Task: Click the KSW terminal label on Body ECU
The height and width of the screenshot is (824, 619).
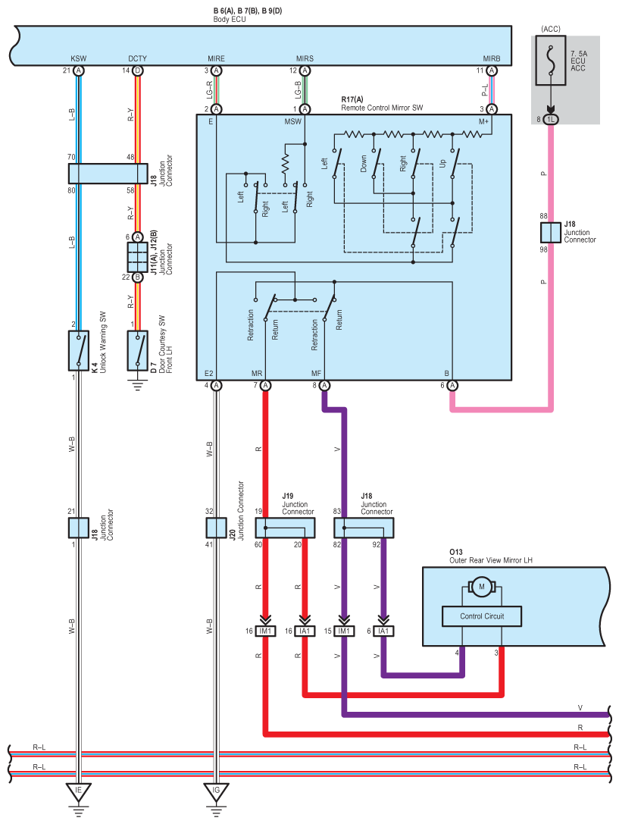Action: (x=78, y=58)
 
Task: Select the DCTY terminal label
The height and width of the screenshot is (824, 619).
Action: (x=137, y=58)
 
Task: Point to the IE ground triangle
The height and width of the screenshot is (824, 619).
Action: (x=78, y=793)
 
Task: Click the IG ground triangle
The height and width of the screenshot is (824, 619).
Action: (x=216, y=793)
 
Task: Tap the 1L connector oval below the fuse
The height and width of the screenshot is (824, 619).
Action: (x=551, y=119)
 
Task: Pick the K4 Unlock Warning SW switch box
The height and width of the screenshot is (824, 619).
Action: (x=78, y=350)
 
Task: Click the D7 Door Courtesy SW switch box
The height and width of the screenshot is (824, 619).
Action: (x=137, y=350)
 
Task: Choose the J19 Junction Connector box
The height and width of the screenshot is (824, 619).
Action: (x=284, y=528)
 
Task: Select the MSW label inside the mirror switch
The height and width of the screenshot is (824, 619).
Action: (x=292, y=121)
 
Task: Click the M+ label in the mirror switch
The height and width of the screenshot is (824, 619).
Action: (x=484, y=121)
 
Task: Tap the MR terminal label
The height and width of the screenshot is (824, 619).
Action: (x=257, y=374)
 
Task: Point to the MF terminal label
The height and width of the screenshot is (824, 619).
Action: (x=317, y=374)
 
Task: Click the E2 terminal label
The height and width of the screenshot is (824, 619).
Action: (x=209, y=374)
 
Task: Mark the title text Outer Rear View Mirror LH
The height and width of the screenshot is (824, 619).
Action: (x=491, y=561)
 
